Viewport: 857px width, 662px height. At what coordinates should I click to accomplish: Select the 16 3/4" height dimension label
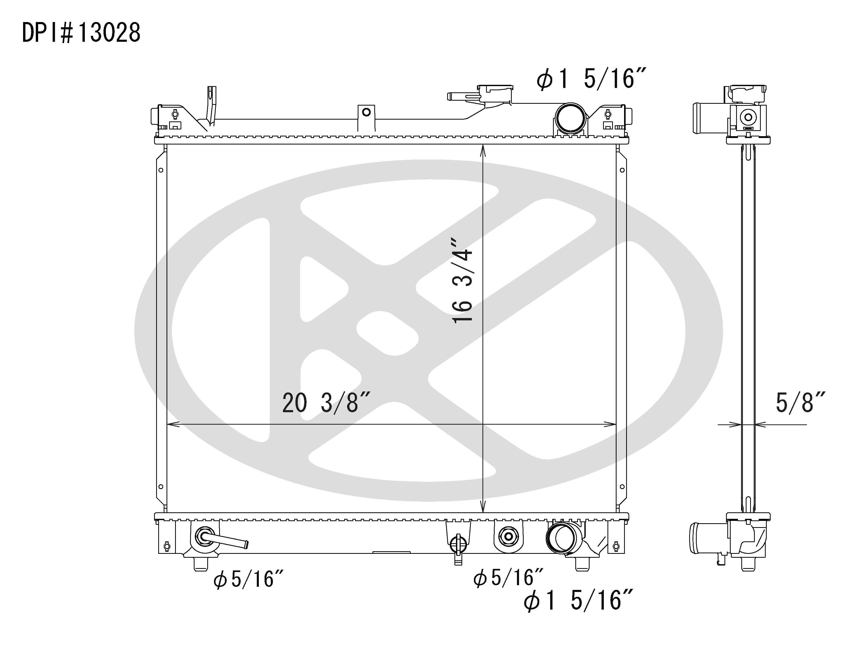(463, 286)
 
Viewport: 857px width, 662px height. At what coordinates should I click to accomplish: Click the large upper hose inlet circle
(570, 119)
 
